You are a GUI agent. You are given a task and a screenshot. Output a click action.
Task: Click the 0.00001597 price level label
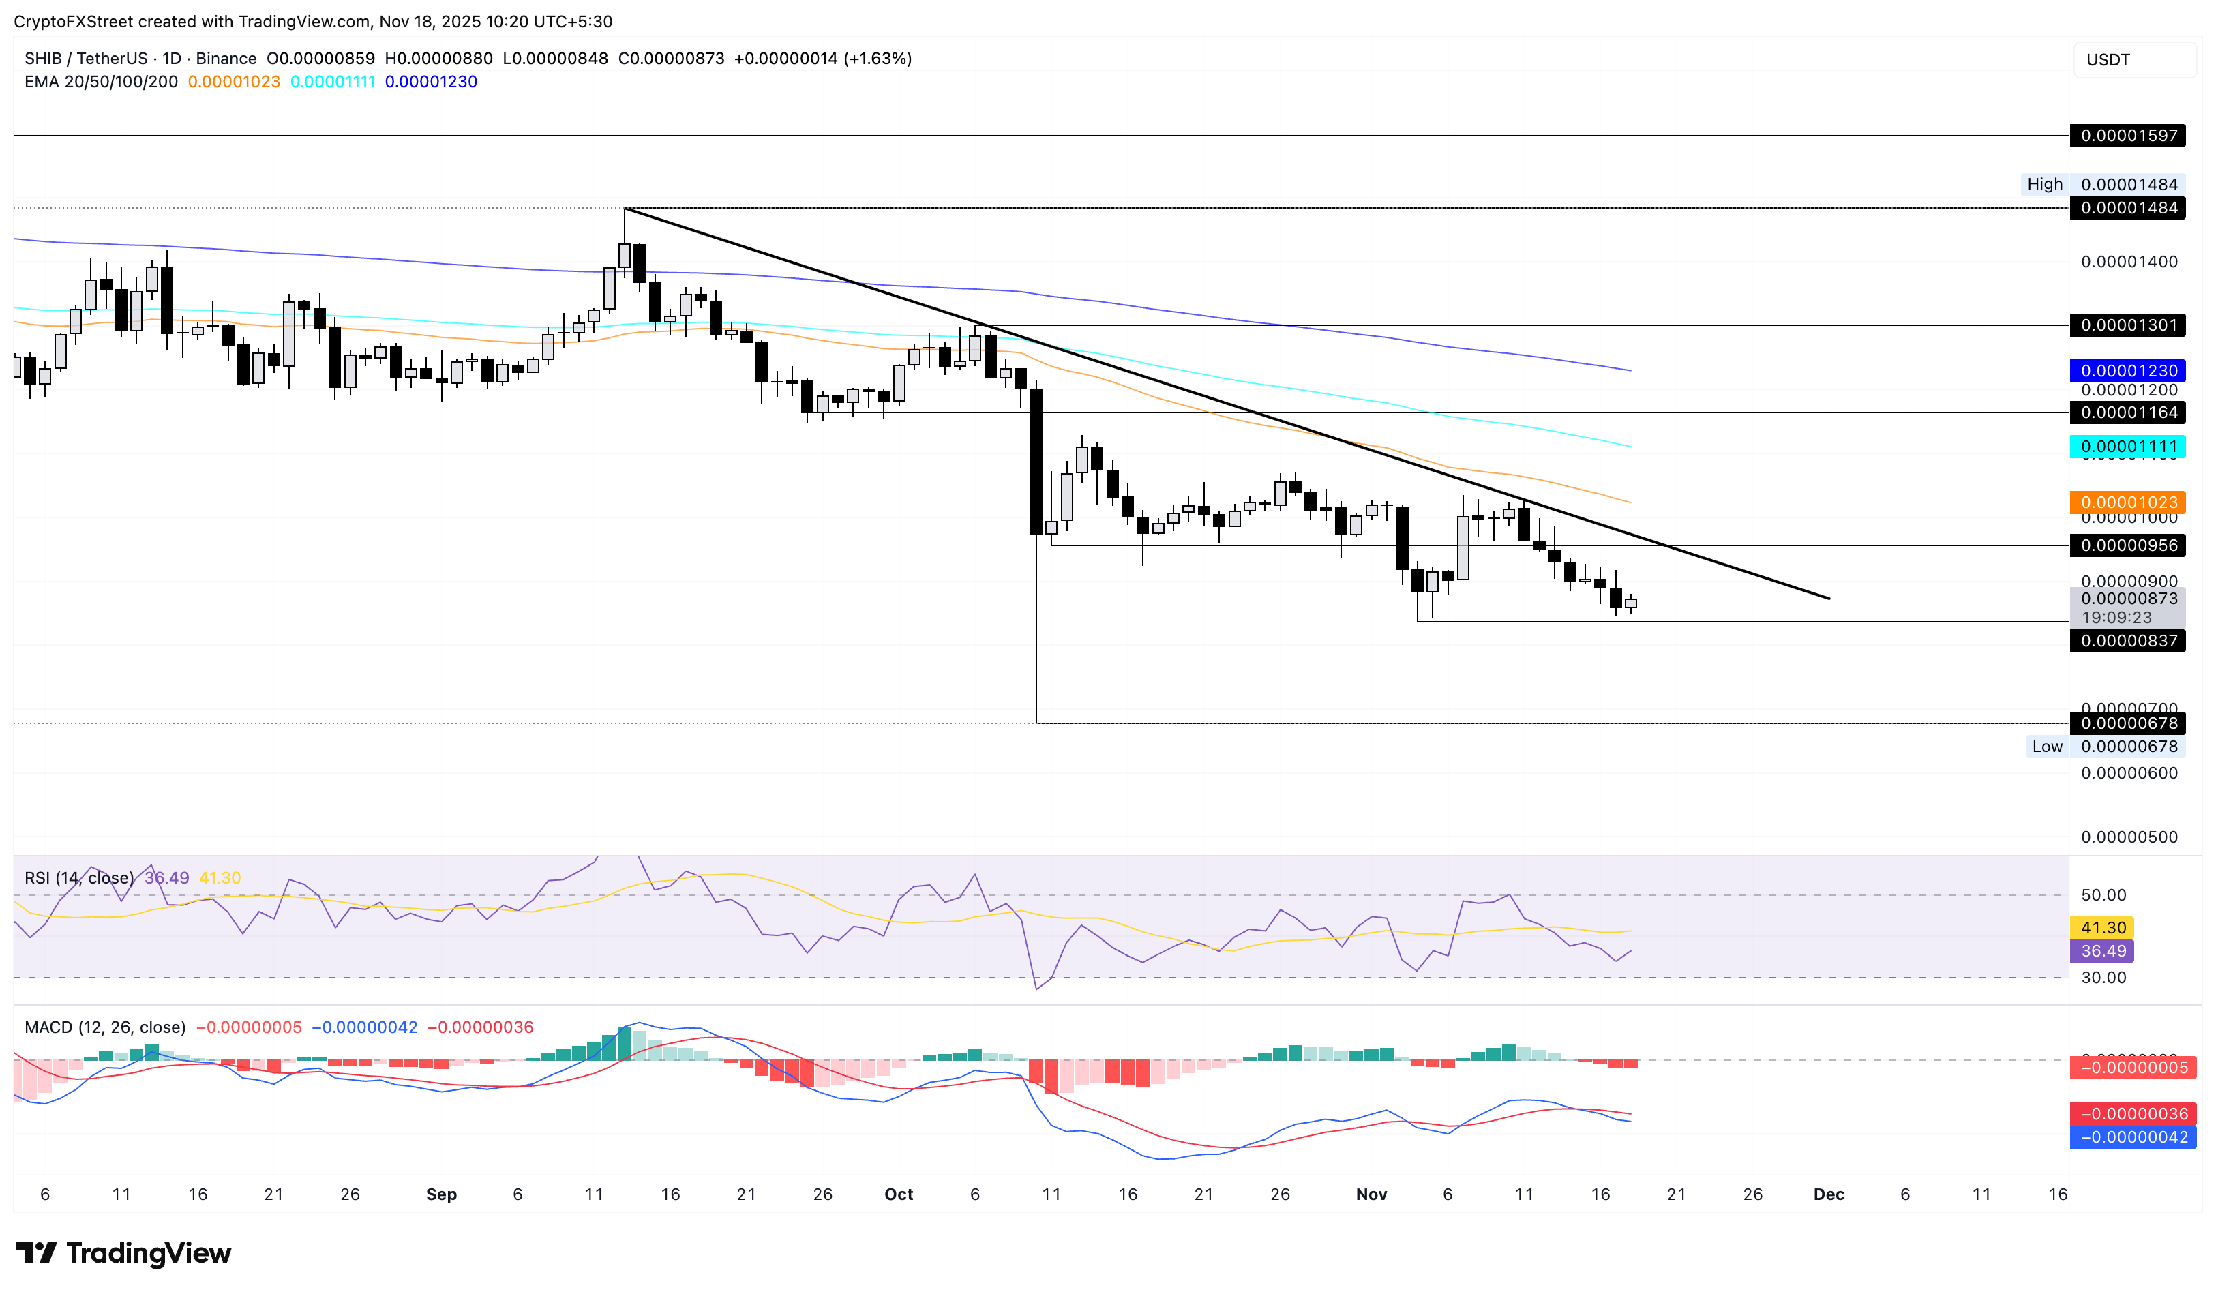[2128, 136]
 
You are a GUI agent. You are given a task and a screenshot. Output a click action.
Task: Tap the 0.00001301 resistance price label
[2128, 325]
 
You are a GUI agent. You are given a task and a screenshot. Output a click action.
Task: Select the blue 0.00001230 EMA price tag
[2128, 371]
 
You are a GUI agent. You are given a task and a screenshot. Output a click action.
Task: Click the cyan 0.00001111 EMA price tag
[2128, 447]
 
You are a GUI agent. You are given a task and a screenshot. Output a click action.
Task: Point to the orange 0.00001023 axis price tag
[2128, 502]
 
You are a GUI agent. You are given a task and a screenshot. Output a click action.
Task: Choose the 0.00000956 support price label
[2128, 545]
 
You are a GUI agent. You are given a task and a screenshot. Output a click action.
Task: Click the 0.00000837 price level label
[2128, 640]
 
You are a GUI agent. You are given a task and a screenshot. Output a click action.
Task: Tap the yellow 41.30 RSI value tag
[2103, 927]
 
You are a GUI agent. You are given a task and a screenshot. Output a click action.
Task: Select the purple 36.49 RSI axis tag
[2103, 950]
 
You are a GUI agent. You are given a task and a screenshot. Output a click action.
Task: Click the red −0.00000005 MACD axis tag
[2133, 1067]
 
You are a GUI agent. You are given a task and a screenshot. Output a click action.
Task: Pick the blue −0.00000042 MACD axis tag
[2133, 1137]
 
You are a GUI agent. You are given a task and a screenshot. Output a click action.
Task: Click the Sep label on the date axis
[441, 1194]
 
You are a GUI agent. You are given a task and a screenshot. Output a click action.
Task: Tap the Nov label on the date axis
[1371, 1194]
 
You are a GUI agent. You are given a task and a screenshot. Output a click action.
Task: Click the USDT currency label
[2108, 60]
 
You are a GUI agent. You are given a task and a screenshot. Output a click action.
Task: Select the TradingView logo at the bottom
[124, 1252]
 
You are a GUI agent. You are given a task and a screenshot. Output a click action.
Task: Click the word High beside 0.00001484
[2045, 183]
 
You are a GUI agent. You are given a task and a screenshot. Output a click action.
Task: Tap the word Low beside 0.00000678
[2046, 747]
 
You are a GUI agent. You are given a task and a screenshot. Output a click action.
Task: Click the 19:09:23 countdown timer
[2116, 617]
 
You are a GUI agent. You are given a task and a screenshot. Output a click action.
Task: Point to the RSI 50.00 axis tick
[2103, 895]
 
